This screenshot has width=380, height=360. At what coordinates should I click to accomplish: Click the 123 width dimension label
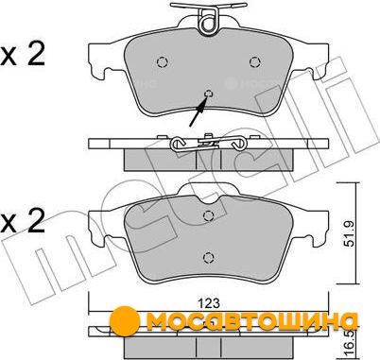click(x=209, y=303)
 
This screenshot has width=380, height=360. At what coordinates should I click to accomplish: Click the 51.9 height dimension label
click(x=350, y=233)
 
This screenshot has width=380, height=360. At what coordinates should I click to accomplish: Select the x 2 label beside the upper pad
click(x=23, y=54)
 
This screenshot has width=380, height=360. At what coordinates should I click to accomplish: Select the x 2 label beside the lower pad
click(x=23, y=220)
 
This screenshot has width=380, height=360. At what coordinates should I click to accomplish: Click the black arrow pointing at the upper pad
click(x=199, y=111)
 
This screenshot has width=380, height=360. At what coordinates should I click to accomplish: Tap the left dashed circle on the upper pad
click(x=163, y=62)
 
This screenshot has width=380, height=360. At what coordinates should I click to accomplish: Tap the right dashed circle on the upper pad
click(x=255, y=62)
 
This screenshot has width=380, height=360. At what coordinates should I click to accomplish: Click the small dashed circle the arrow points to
click(x=209, y=93)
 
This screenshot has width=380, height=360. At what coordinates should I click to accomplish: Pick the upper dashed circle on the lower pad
click(x=209, y=215)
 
